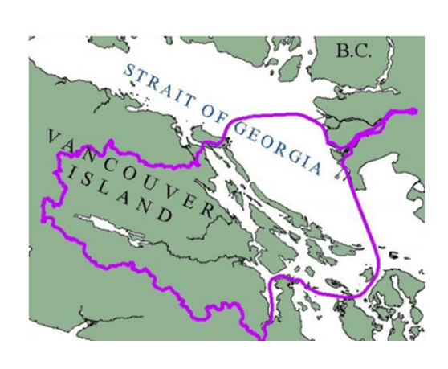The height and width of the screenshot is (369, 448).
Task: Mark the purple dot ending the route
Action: click(x=413, y=111)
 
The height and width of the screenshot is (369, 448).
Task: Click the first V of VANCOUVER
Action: click(x=54, y=136)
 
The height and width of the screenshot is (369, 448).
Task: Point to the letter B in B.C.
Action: click(x=342, y=52)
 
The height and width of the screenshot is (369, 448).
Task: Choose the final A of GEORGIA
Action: click(x=324, y=168)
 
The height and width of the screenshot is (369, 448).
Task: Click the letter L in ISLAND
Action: click(x=115, y=193)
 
